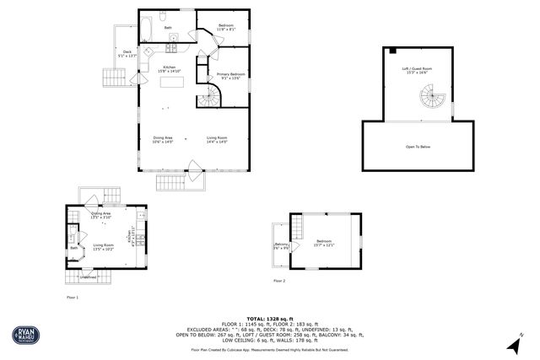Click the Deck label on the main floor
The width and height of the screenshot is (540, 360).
click(128, 54)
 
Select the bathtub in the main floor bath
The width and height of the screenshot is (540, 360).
click(144, 28)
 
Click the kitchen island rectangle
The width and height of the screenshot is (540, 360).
click(172, 83)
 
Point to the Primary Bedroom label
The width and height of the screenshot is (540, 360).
click(231, 77)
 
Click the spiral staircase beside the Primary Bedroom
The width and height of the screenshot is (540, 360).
click(208, 99)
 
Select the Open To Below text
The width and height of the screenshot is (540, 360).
click(418, 147)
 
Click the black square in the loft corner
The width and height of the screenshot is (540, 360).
click(392, 51)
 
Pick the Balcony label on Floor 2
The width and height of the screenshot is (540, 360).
click(281, 246)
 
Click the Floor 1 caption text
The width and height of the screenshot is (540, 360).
click(72, 297)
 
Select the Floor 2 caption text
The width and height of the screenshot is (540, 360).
click(278, 280)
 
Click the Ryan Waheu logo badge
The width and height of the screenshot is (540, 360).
click(24, 336)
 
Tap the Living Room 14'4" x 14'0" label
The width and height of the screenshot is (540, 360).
click(218, 140)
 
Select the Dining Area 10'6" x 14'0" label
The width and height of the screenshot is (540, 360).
click(163, 140)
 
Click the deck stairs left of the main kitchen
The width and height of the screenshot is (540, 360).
click(112, 78)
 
